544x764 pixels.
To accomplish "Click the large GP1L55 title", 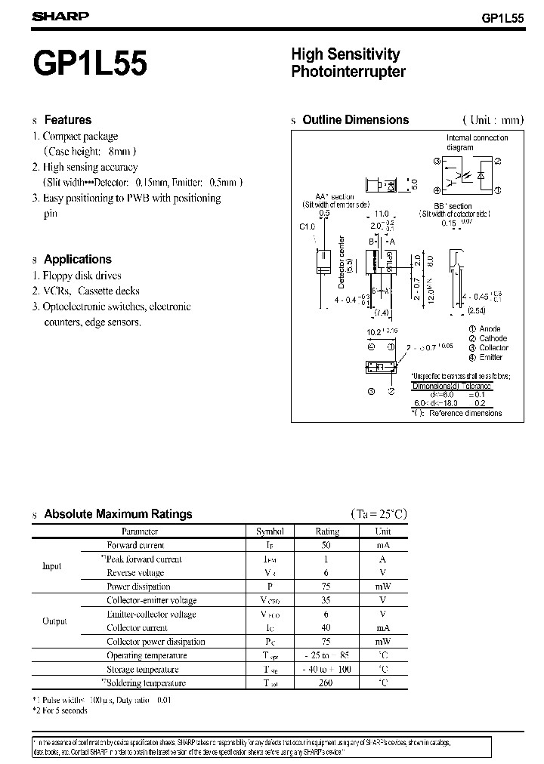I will pos(94,63).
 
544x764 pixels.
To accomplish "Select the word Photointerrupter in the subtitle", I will pos(348,72).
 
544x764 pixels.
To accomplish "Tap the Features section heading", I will pos(67,119).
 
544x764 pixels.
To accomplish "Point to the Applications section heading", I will pos(77,259).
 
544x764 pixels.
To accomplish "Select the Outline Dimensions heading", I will pos(355,119).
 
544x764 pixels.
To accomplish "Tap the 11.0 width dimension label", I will pos(382,214).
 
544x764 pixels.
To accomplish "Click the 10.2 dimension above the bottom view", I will pos(375,331).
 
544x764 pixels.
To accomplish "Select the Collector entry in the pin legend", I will pos(493,348).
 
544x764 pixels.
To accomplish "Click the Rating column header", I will pos(327,531).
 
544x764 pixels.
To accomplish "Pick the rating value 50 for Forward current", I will pos(327,545).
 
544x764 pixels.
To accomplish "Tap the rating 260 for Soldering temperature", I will pos(327,683).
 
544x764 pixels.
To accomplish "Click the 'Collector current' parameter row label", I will pos(137,628).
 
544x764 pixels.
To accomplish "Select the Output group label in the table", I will pos(54,621).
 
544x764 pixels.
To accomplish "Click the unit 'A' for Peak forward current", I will pos(383,559).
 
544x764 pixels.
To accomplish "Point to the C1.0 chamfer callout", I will pos(307,226).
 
